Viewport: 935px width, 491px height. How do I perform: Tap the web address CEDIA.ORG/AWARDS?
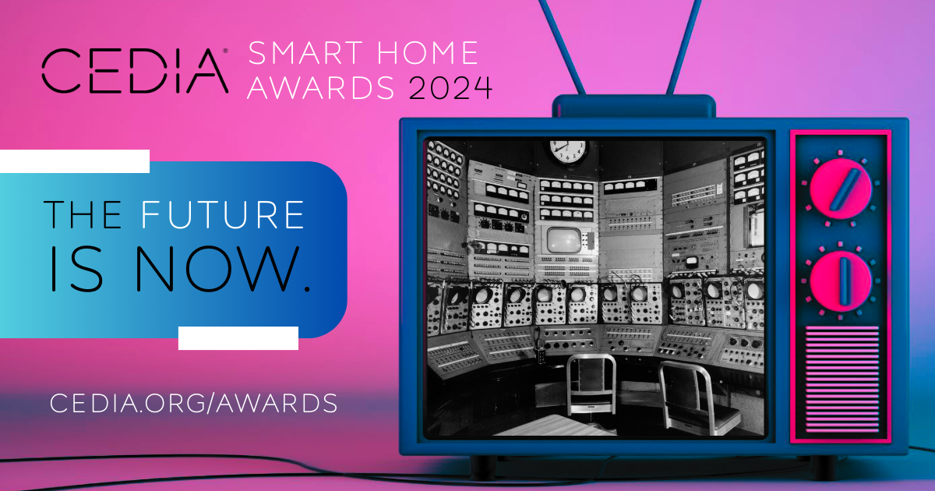coord(193,403)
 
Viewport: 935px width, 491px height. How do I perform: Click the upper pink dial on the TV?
coord(840,187)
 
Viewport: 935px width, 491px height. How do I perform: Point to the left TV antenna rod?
coord(559,47)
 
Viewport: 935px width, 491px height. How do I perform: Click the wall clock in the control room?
coord(568,150)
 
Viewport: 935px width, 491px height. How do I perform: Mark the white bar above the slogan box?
coord(75,161)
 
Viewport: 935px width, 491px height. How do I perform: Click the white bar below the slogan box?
coord(238,338)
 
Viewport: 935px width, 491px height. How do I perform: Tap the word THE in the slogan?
coord(82,214)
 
